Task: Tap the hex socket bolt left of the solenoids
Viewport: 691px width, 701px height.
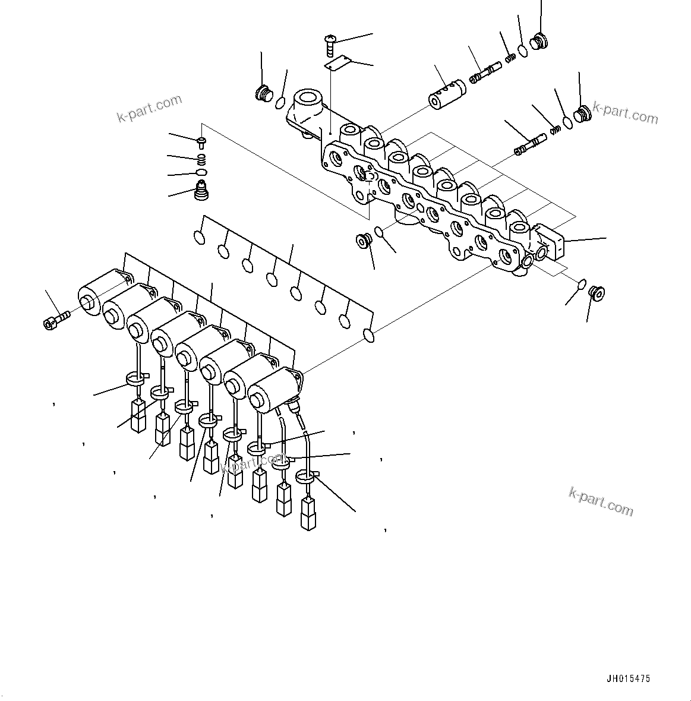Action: [56, 319]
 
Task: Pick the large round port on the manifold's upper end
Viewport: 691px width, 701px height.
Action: [307, 98]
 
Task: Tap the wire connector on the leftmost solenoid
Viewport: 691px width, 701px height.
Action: [138, 415]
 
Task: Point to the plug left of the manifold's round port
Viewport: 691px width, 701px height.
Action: [262, 93]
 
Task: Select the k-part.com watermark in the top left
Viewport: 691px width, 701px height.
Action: [149, 108]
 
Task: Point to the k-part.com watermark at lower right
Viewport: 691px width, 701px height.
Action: [601, 501]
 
